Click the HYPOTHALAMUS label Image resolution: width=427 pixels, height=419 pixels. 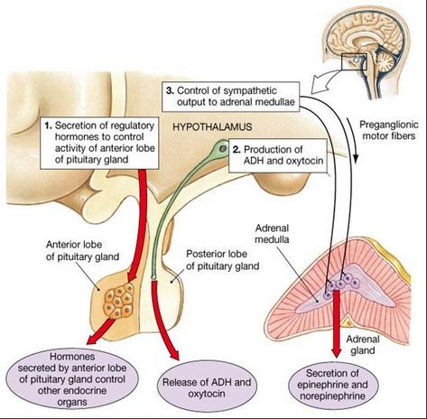point(212,126)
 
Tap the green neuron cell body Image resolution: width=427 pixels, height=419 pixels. point(222,148)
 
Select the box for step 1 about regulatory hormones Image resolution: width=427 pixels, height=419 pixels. point(99,143)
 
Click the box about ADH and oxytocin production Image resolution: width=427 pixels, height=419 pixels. point(278,155)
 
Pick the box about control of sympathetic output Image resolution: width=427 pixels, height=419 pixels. point(231,97)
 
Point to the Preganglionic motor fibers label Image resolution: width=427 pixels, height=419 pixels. point(389,130)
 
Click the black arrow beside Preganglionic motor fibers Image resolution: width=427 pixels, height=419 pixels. point(353,140)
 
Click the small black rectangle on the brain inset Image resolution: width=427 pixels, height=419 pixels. point(354,61)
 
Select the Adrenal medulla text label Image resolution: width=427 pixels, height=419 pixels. point(272,234)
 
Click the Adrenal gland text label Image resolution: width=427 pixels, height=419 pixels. point(363,345)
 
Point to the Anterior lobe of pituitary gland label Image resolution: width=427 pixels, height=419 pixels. point(82,250)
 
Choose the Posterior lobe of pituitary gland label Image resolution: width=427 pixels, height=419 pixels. point(222,260)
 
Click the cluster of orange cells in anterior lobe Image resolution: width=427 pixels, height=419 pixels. point(118,301)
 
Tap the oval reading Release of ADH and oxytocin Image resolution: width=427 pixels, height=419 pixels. point(207,388)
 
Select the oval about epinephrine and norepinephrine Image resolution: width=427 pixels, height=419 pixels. point(332,385)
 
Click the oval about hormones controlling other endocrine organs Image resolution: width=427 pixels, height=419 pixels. point(72,379)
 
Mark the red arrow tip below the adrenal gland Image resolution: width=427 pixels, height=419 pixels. point(336,358)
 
